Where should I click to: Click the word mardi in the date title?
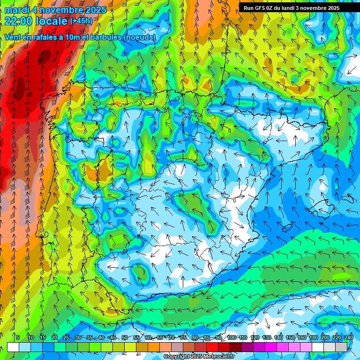point(16,10)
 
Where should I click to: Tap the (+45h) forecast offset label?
point(81,21)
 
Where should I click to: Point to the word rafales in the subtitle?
point(52,37)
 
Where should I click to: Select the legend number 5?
point(18,337)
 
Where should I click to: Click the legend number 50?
point(124,337)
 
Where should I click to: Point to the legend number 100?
point(232,337)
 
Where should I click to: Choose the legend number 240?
point(349,337)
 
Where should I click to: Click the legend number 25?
point(66,337)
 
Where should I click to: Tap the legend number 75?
point(183,337)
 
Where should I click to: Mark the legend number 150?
point(290,337)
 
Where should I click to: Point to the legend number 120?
point(255,337)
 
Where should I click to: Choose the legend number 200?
point(325,337)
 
